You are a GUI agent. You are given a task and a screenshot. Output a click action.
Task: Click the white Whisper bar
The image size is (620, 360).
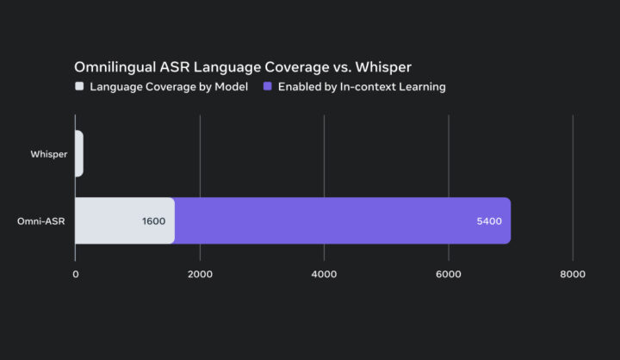pyautogui.click(x=79, y=153)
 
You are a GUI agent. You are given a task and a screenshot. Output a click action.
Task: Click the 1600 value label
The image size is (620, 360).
pyautogui.click(x=153, y=220)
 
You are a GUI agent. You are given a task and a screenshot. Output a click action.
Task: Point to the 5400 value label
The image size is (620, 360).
pyautogui.click(x=488, y=220)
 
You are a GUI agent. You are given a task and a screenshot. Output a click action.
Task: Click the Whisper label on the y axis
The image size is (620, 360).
pyautogui.click(x=49, y=154)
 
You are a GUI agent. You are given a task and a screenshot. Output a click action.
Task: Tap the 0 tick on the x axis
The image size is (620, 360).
pyautogui.click(x=76, y=274)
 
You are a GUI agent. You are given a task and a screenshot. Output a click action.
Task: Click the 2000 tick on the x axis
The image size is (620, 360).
pyautogui.click(x=200, y=274)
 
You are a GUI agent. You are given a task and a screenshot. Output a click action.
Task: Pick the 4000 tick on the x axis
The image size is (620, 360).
pyautogui.click(x=324, y=274)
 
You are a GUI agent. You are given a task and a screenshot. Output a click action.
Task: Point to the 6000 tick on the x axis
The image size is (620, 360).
pyautogui.click(x=449, y=274)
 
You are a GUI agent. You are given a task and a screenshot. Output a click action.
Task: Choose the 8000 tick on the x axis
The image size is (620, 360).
pyautogui.click(x=573, y=274)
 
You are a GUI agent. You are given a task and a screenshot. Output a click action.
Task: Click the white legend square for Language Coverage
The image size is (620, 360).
pyautogui.click(x=79, y=86)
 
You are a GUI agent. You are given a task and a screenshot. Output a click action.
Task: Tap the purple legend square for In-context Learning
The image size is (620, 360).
pyautogui.click(x=268, y=86)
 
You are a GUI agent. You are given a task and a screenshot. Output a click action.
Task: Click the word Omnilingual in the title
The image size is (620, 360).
pyautogui.click(x=114, y=67)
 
